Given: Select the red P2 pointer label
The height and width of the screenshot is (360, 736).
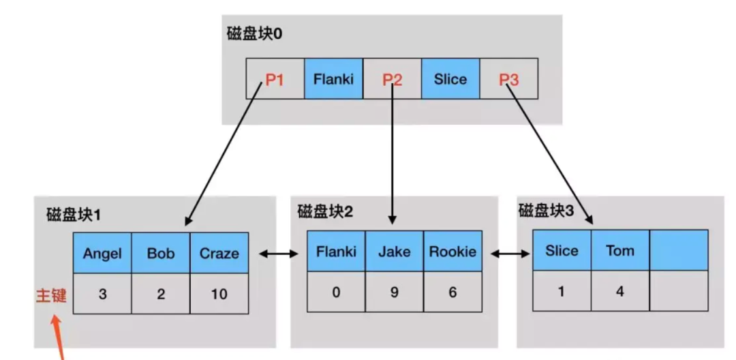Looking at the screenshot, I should pos(392,79).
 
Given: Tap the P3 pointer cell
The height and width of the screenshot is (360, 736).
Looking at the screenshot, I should pos(509,79).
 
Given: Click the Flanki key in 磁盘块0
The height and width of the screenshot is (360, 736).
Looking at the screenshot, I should pos(333,79).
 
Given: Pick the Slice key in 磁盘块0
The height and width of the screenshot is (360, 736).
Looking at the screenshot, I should pos(450,79).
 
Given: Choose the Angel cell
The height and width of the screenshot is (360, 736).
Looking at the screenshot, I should pos(102,254).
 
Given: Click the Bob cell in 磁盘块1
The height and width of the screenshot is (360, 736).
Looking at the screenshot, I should pos(161,254).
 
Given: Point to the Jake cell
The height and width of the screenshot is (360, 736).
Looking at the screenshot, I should pos(395,252).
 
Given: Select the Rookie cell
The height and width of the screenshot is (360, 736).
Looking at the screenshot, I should pos(453,252).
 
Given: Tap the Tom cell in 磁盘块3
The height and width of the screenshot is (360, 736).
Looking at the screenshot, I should pos(620,250).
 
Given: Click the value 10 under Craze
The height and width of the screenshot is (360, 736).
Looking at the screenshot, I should pos(219,295).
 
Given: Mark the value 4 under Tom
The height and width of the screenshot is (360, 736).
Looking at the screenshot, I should pos(620,290).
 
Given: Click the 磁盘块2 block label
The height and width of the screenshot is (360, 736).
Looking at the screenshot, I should pos(325,211).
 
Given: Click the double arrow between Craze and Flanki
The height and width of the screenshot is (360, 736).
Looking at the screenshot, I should pos(278,254).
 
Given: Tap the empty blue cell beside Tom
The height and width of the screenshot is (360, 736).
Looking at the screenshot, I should pos(679,250).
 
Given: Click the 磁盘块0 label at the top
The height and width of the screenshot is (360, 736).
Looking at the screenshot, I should pos(254,34).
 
